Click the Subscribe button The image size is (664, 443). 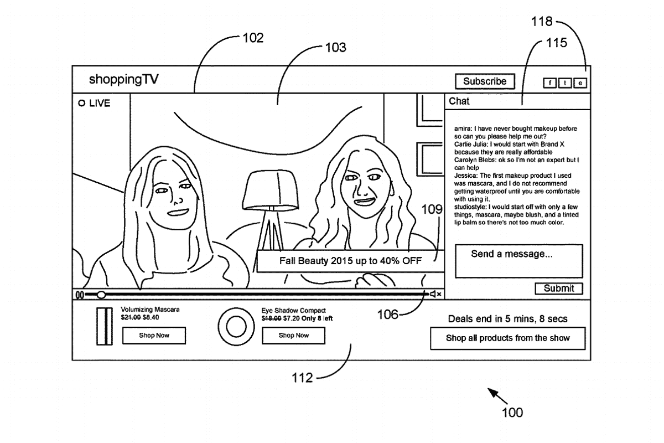click(485, 81)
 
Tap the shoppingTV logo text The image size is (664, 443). click(124, 80)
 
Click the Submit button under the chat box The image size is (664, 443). click(558, 289)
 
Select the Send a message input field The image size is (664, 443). click(518, 261)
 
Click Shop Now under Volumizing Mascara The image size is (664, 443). click(154, 336)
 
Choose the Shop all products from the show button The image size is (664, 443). click(507, 338)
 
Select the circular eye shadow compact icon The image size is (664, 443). click(236, 326)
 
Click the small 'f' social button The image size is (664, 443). click(550, 83)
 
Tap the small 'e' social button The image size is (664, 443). click(580, 83)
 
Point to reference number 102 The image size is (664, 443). click(252, 38)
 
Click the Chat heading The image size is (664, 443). click(459, 101)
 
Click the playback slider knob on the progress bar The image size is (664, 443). click(101, 295)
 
